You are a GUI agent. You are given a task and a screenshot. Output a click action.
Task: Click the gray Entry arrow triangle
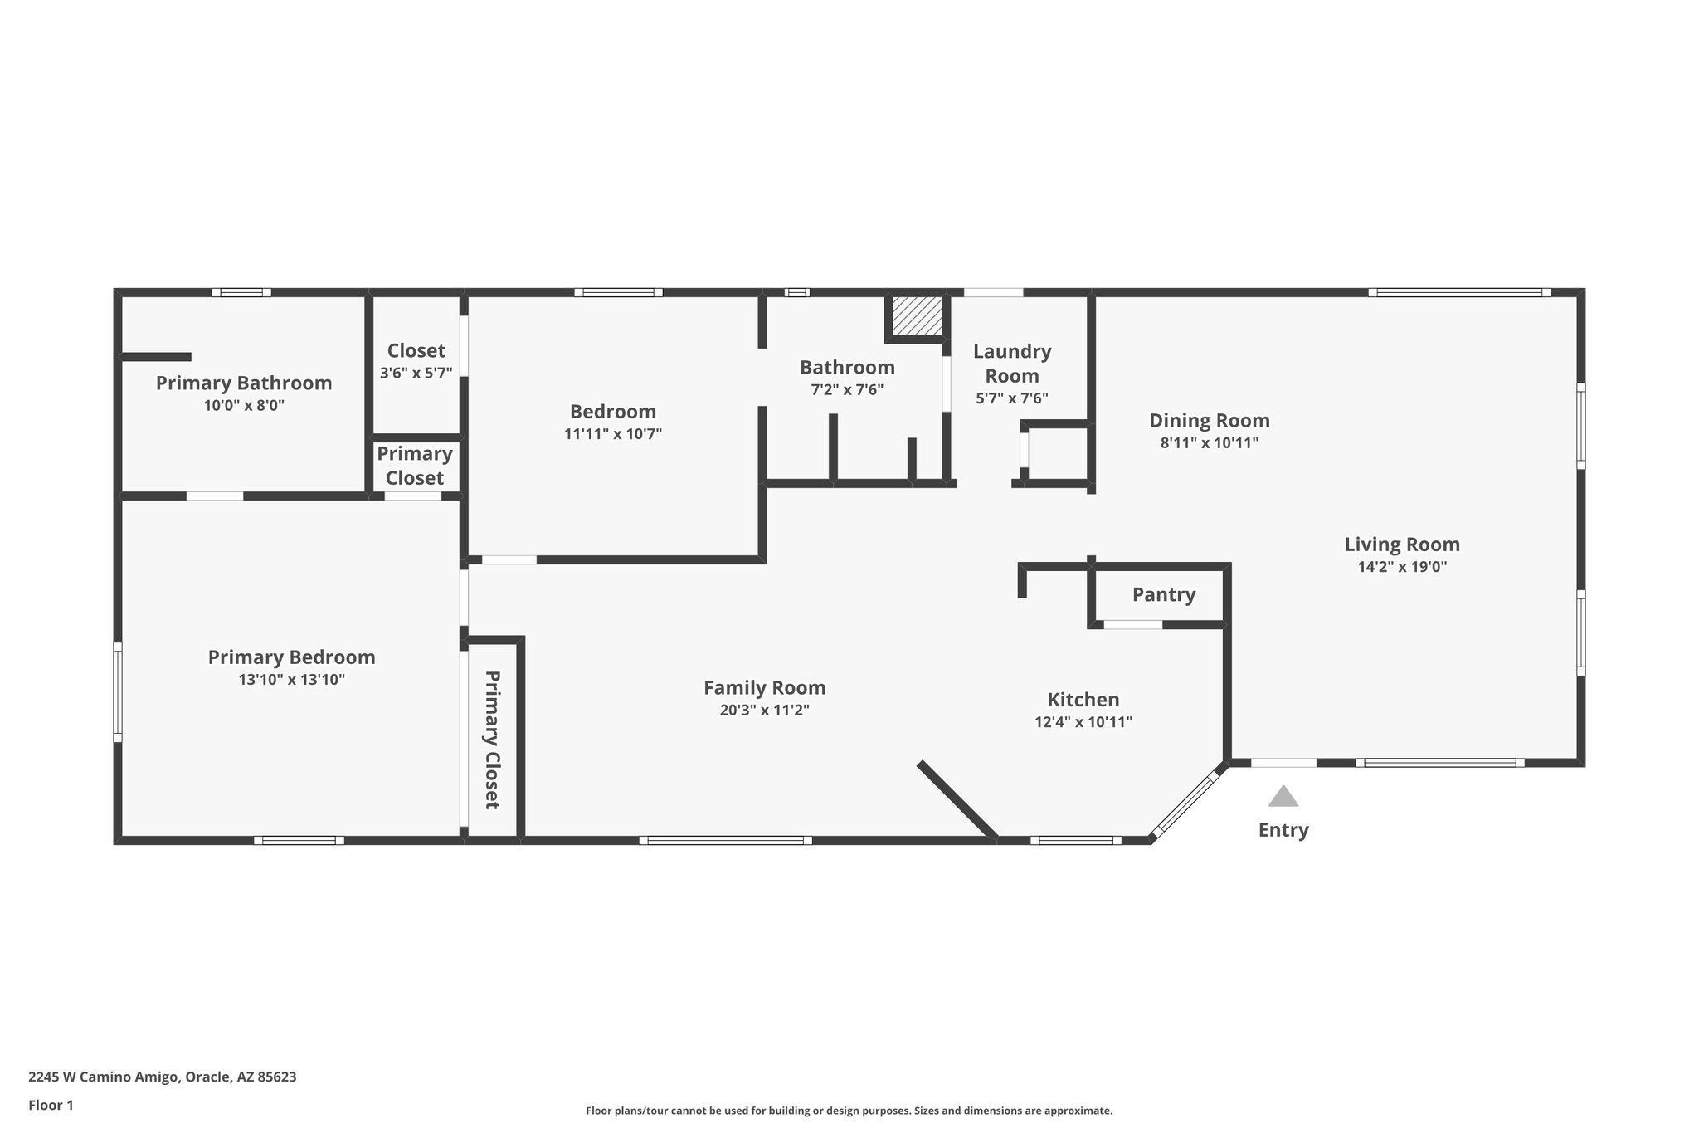click(1283, 797)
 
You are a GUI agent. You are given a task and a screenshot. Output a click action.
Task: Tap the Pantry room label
click(1163, 594)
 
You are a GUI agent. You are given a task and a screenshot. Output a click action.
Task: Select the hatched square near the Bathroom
click(917, 315)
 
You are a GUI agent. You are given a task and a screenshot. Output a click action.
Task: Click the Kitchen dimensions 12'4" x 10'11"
click(1083, 722)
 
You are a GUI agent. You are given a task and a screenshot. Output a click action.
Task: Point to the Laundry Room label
click(1011, 364)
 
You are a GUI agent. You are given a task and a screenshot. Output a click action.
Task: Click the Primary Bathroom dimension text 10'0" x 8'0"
click(244, 406)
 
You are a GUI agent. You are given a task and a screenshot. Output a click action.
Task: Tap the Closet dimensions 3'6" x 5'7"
click(416, 374)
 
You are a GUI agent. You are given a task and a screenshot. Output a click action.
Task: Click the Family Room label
click(764, 687)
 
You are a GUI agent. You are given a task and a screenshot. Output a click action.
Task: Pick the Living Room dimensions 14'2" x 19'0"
click(1402, 567)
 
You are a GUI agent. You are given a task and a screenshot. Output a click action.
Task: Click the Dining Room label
click(1209, 420)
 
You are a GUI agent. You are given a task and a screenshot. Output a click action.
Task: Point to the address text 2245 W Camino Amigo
click(162, 1077)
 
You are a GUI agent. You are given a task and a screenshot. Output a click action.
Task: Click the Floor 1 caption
click(51, 1105)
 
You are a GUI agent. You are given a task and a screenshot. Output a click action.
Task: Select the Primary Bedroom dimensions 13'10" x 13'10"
click(291, 680)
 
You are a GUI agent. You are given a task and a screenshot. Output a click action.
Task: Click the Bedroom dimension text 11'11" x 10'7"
click(612, 434)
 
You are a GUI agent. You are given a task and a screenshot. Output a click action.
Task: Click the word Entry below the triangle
click(1283, 830)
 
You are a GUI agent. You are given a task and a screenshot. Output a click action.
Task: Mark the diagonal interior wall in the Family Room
click(957, 799)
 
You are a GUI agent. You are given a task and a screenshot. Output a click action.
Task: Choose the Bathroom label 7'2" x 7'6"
click(847, 389)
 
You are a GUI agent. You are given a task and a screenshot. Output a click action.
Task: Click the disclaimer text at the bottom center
click(849, 1111)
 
